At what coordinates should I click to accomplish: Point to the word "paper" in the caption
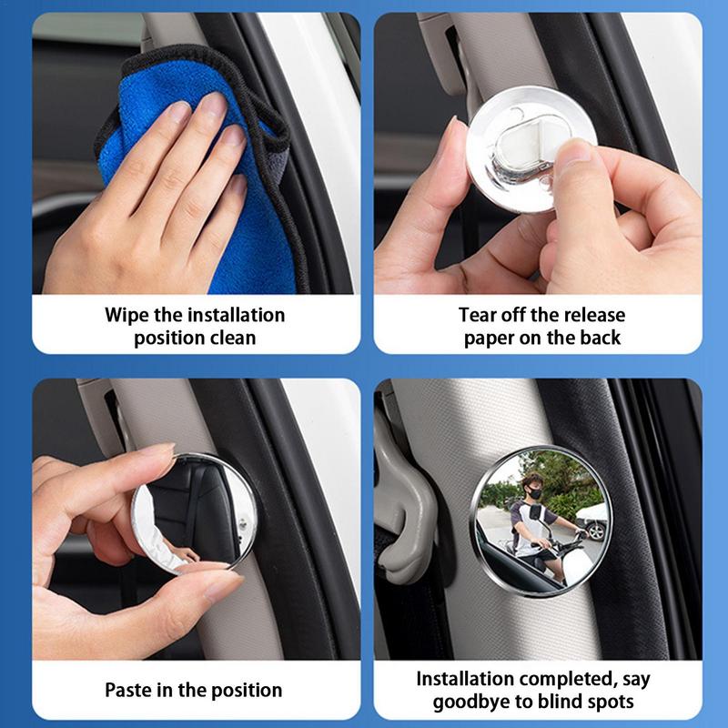pyautogui.click(x=491, y=338)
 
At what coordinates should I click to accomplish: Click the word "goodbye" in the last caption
pyautogui.click(x=475, y=702)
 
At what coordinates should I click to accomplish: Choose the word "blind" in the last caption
pyautogui.click(x=563, y=702)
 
